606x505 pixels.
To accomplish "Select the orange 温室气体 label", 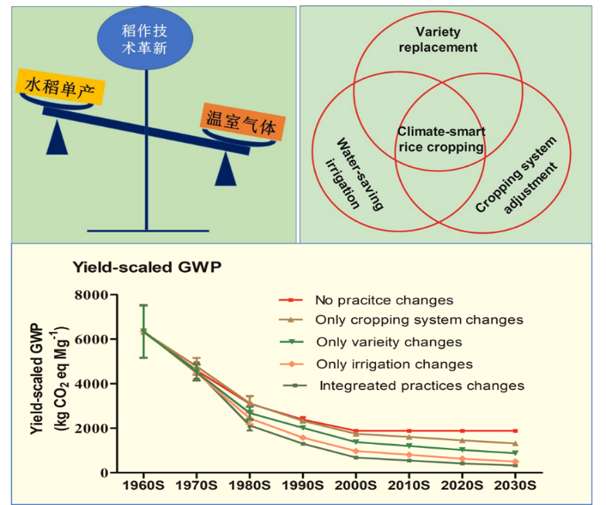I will coord(239,122).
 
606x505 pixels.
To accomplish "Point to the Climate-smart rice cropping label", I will coord(440,140).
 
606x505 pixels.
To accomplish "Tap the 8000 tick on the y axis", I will coord(91,295).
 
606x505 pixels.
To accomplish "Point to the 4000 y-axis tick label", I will coord(91,384).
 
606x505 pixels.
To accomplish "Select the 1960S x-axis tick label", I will coord(143,486).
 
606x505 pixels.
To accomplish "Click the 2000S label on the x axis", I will coord(355,486).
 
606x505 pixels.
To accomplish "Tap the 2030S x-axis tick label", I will coord(515,486).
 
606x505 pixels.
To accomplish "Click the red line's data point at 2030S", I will coord(515,431).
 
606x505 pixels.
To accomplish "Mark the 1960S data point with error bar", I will coord(143,331).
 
